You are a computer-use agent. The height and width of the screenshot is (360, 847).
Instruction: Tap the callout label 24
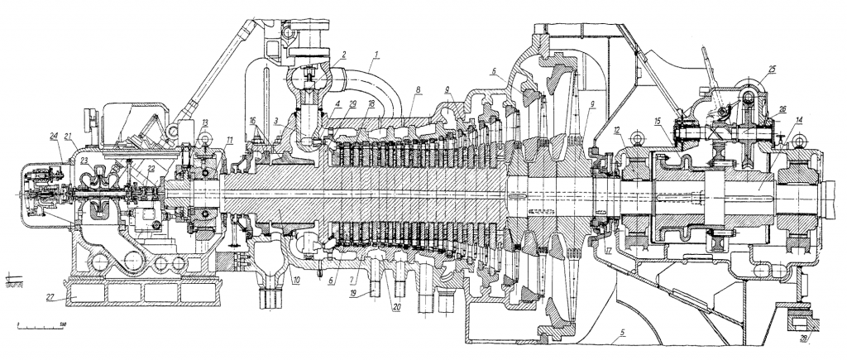tap(54, 135)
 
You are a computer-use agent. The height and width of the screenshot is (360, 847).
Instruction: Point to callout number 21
tap(71, 135)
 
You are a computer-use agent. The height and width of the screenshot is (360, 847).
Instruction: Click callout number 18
tap(372, 103)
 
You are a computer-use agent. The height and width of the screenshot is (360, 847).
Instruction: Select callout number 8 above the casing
tap(420, 89)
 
